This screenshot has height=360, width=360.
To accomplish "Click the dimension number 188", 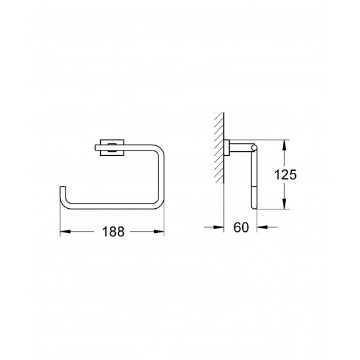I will (112, 232).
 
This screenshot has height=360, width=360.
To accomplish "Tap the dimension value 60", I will (240, 228).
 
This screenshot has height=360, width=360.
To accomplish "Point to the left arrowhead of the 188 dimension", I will (64, 231).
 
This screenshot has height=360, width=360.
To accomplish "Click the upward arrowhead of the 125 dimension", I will (285, 144).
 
